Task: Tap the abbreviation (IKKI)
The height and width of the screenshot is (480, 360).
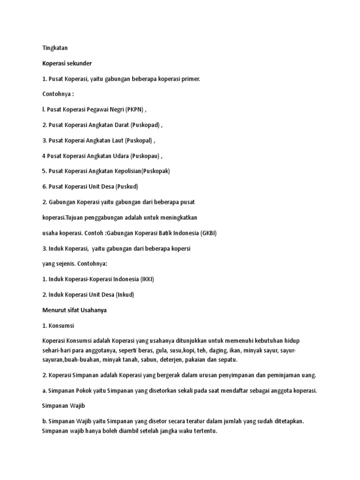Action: tap(147, 279)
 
